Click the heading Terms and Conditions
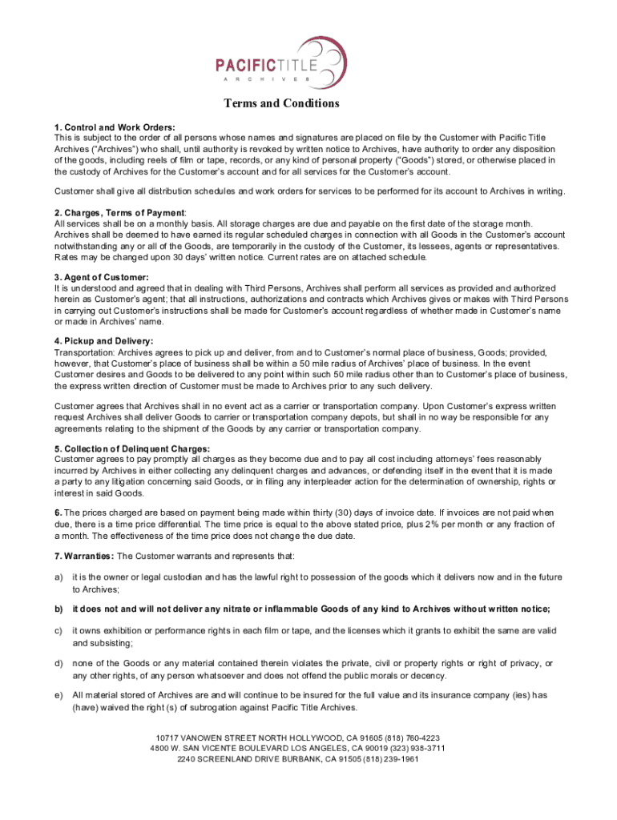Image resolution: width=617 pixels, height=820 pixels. tap(281, 103)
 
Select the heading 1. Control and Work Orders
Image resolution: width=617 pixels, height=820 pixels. tap(115, 127)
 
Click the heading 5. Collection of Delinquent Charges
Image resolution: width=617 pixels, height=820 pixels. tap(132, 448)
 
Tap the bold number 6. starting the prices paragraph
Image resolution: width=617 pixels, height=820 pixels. tap(58, 512)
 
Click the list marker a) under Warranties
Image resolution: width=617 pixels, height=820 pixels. tap(58, 577)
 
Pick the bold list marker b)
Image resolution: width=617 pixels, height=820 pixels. tap(58, 609)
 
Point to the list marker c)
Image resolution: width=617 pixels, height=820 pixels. tap(58, 631)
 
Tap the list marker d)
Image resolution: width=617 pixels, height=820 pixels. tap(58, 663)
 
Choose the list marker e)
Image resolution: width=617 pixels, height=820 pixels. tap(58, 696)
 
